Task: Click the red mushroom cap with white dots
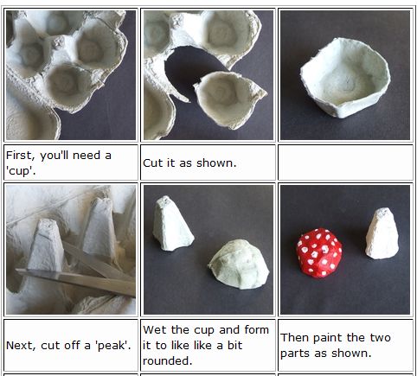click(x=319, y=252)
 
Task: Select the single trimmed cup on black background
click(x=344, y=87)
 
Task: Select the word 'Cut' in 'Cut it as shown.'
click(x=152, y=163)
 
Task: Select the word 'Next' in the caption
click(x=20, y=345)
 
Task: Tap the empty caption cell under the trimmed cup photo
click(x=344, y=163)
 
